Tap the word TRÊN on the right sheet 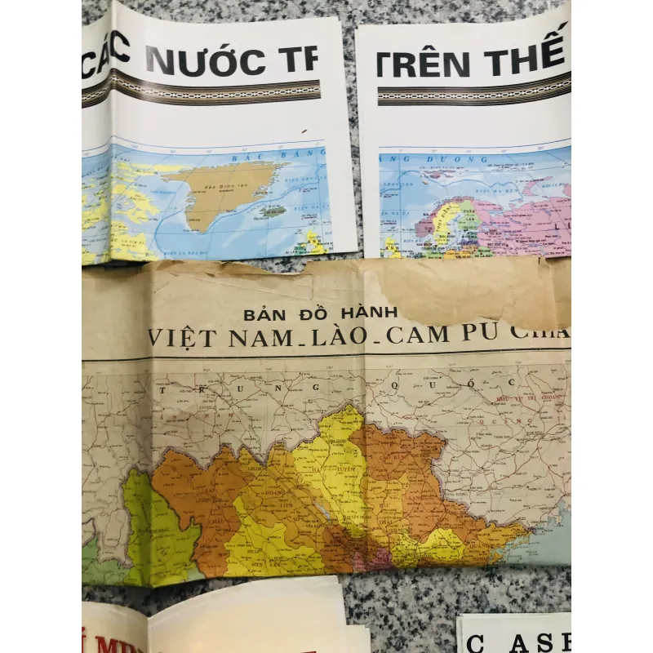tap(424, 64)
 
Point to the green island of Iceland tap(273, 210)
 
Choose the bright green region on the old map tap(159, 531)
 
